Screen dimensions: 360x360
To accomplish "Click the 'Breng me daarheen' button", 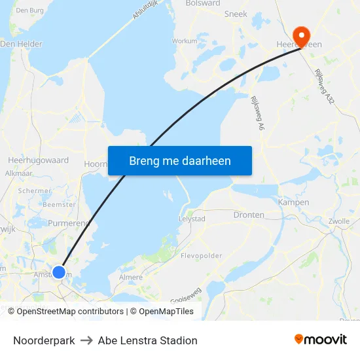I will click(x=180, y=160).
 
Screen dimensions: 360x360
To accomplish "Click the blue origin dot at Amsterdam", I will click(x=59, y=272).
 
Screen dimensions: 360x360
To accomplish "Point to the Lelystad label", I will click(x=192, y=219).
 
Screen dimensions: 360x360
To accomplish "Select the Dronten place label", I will click(x=249, y=215).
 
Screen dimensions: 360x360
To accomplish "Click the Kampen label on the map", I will click(x=294, y=202).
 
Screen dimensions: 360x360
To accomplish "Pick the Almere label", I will click(x=131, y=278).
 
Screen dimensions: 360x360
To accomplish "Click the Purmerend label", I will click(x=68, y=223).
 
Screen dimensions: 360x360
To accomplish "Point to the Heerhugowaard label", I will click(x=38, y=160).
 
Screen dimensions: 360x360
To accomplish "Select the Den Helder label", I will click(x=21, y=44).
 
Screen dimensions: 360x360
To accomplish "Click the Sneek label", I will click(x=236, y=14).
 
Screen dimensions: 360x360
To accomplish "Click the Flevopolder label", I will click(x=202, y=256).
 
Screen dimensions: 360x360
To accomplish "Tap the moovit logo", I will click(x=321, y=340).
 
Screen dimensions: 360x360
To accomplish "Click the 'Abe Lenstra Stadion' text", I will click(x=147, y=340).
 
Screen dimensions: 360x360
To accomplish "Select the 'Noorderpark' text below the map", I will click(x=44, y=340).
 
